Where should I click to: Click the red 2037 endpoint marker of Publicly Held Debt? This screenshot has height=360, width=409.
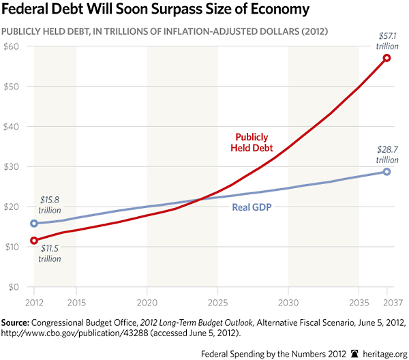click(x=387, y=58)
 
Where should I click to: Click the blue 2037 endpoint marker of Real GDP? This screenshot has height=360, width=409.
click(x=387, y=171)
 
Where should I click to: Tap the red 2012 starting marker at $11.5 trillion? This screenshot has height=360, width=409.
click(x=33, y=240)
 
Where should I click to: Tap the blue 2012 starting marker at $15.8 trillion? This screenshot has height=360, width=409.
click(x=33, y=223)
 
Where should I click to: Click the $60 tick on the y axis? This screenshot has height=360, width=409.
click(x=12, y=46)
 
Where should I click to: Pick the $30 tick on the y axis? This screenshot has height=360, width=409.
click(x=12, y=166)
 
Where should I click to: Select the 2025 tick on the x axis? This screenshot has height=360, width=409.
click(x=217, y=301)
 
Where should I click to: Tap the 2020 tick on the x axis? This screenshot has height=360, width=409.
click(x=147, y=301)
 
